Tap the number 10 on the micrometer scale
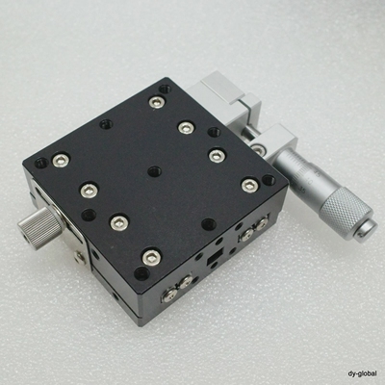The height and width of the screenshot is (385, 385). coord(310,182)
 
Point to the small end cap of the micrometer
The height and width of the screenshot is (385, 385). coord(367,230)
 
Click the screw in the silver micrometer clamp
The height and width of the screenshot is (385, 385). coord(257,149)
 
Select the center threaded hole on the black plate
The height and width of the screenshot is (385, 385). coord(154,171)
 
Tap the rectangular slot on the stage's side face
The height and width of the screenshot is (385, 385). coord(213,258)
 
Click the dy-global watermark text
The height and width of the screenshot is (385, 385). coord(362,373)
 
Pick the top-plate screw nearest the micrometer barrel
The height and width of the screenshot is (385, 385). coord(250,185)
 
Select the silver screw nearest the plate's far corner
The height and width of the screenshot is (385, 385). coord(157,102)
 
